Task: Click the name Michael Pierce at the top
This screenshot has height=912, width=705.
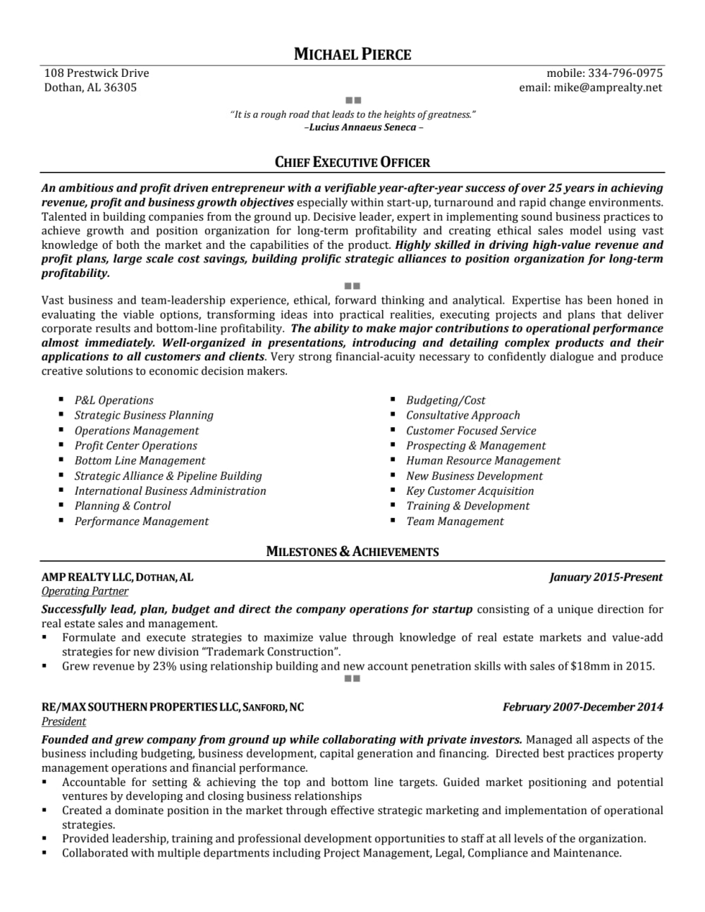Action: point(352,54)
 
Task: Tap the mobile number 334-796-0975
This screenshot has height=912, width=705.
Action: point(625,73)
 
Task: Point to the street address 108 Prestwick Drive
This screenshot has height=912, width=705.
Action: point(97,73)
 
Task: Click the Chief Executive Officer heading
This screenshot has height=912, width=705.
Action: point(352,162)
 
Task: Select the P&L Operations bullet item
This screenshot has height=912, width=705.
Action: point(114,400)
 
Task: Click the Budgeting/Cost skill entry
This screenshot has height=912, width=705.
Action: point(446,400)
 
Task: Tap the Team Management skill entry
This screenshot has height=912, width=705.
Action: point(455,522)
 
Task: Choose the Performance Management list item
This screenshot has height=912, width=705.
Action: point(142,522)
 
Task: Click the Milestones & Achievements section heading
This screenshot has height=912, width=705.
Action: point(352,552)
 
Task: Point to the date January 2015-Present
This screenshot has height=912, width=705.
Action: point(606,577)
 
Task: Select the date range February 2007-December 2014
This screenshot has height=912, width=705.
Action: point(582,707)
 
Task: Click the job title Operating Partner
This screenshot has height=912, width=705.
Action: point(85,591)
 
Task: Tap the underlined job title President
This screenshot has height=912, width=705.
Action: point(63,722)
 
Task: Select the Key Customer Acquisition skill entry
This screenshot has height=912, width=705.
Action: point(470,491)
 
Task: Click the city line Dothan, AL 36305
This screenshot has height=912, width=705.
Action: point(90,87)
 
